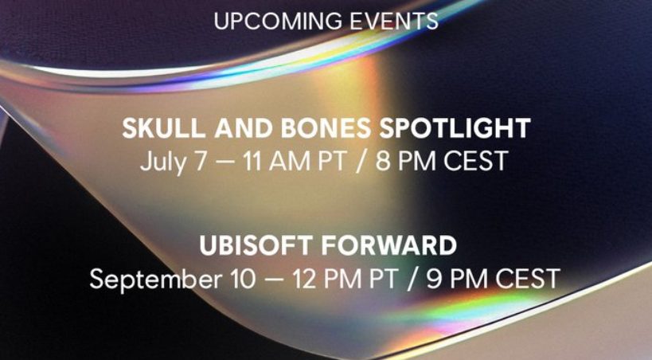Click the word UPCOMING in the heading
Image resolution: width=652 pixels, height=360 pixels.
pyautogui.click(x=278, y=21)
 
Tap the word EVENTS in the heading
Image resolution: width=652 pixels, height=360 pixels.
pyautogui.click(x=394, y=21)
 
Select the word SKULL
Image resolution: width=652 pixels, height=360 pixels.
pyautogui.click(x=163, y=128)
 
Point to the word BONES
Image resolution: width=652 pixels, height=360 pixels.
pyautogui.click(x=326, y=128)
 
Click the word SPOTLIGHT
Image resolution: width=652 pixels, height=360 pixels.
pyautogui.click(x=455, y=128)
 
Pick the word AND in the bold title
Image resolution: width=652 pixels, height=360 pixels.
pyautogui.click(x=244, y=128)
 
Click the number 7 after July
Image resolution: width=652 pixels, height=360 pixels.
pyautogui.click(x=201, y=161)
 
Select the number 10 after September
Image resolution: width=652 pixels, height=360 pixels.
pyautogui.click(x=243, y=279)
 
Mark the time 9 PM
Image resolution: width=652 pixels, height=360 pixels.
pyautogui.click(x=456, y=279)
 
